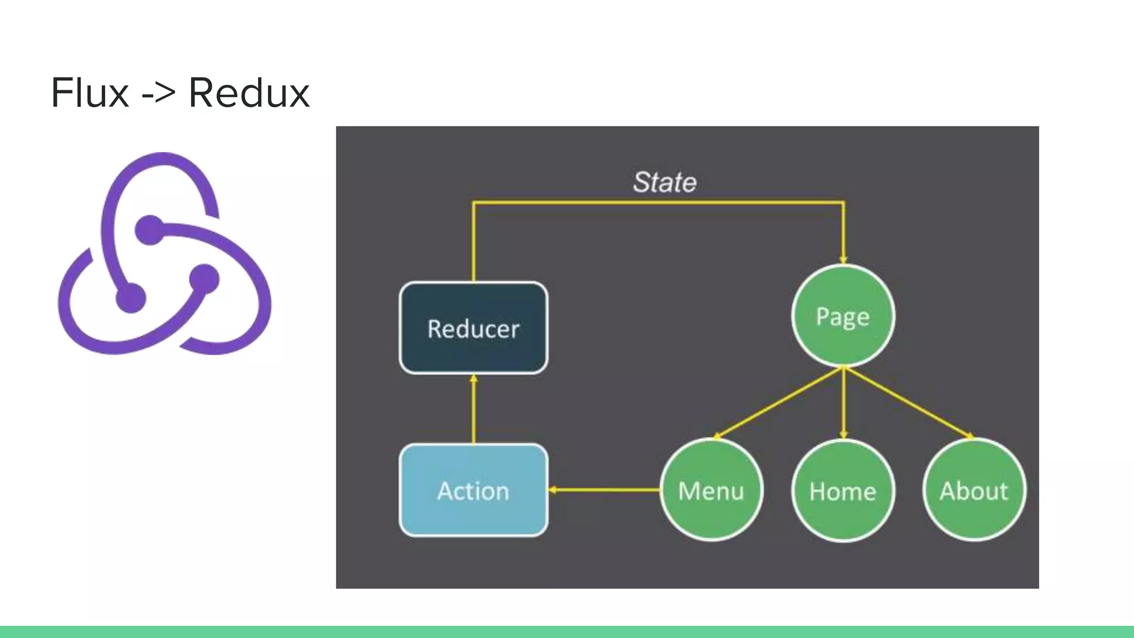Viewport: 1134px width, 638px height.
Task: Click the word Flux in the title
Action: [x=90, y=93]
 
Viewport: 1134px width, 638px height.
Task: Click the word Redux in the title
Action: [x=249, y=93]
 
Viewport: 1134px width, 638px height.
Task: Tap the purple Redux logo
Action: [x=164, y=254]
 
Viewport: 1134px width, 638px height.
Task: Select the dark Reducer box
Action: [x=473, y=328]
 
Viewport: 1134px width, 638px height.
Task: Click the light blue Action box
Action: [x=473, y=491]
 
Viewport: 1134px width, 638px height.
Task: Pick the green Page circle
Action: [x=843, y=316]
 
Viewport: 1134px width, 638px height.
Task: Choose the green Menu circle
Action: [x=711, y=490]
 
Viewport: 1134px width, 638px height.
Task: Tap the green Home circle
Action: [x=843, y=491]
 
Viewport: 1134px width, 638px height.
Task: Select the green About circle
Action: [x=974, y=490]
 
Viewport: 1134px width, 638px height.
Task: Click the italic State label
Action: [x=664, y=182]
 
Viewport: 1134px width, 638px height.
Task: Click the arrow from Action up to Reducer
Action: [x=473, y=410]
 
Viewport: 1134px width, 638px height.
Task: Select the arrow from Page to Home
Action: [x=843, y=403]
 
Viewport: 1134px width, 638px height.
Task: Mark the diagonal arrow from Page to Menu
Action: [x=778, y=403]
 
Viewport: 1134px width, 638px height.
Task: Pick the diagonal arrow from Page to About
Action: [x=908, y=403]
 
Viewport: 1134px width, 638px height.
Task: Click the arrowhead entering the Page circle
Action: [x=843, y=259]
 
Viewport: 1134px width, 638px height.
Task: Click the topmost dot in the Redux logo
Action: [x=150, y=230]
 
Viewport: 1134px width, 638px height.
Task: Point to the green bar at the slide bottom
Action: [x=567, y=632]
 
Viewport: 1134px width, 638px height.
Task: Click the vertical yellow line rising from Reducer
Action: [x=473, y=244]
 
